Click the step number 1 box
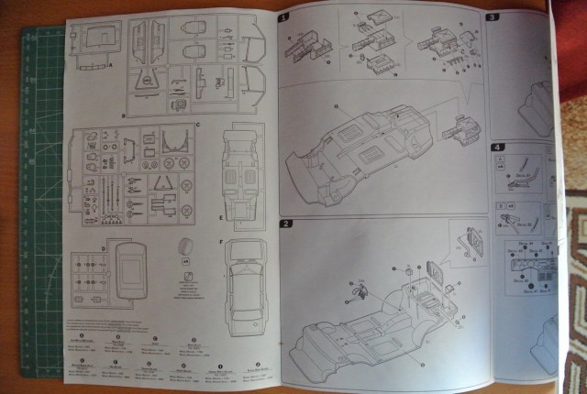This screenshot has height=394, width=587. click(283, 17)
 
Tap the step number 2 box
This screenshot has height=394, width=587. click(285, 224)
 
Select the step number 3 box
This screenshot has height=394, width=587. click(492, 16)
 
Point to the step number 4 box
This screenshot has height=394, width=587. click(498, 147)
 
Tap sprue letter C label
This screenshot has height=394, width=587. click(198, 124)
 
